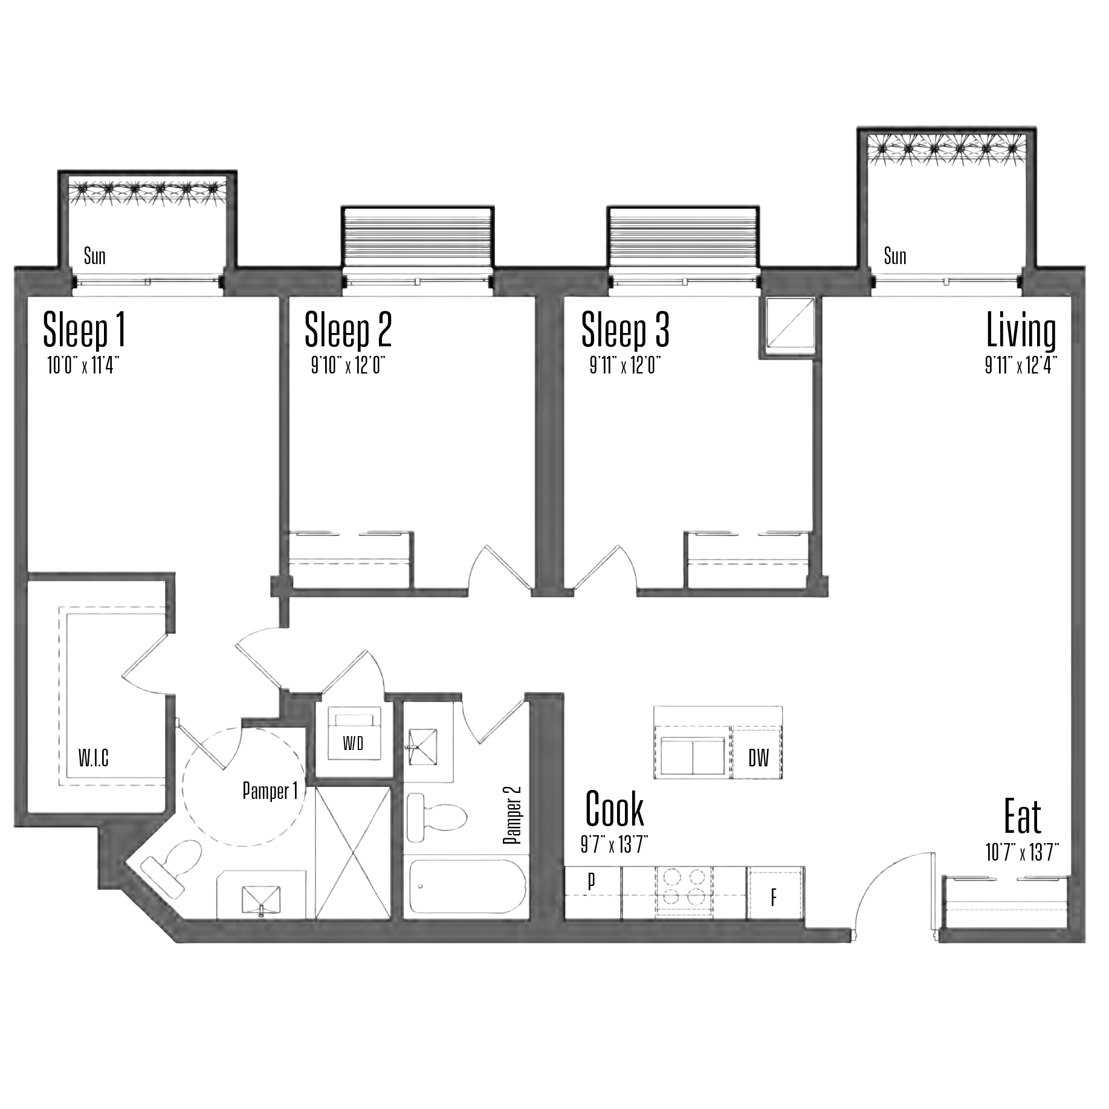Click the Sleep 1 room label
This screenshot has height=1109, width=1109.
coord(85,330)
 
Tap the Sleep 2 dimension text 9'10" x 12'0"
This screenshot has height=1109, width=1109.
coord(348,366)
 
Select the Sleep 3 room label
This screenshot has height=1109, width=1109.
coord(626,330)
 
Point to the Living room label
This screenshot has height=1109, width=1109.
coord(1021,330)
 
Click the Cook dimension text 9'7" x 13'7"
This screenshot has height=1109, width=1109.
coord(615,845)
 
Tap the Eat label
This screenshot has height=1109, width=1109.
coord(1023,816)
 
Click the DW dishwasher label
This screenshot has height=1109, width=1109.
coord(758,758)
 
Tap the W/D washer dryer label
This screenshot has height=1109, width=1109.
coord(354,743)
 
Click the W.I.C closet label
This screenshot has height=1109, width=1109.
coord(94,758)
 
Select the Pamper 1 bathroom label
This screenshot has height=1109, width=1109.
coord(270,791)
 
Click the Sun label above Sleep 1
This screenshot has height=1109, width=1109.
coord(95,256)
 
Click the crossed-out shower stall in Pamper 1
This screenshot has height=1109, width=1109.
coord(353,853)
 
